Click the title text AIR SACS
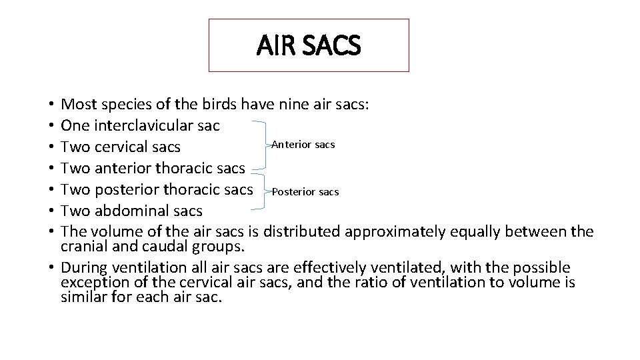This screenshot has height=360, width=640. click(309, 45)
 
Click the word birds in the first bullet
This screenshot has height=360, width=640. click(218, 104)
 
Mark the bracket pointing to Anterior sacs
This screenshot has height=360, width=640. click(261, 145)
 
